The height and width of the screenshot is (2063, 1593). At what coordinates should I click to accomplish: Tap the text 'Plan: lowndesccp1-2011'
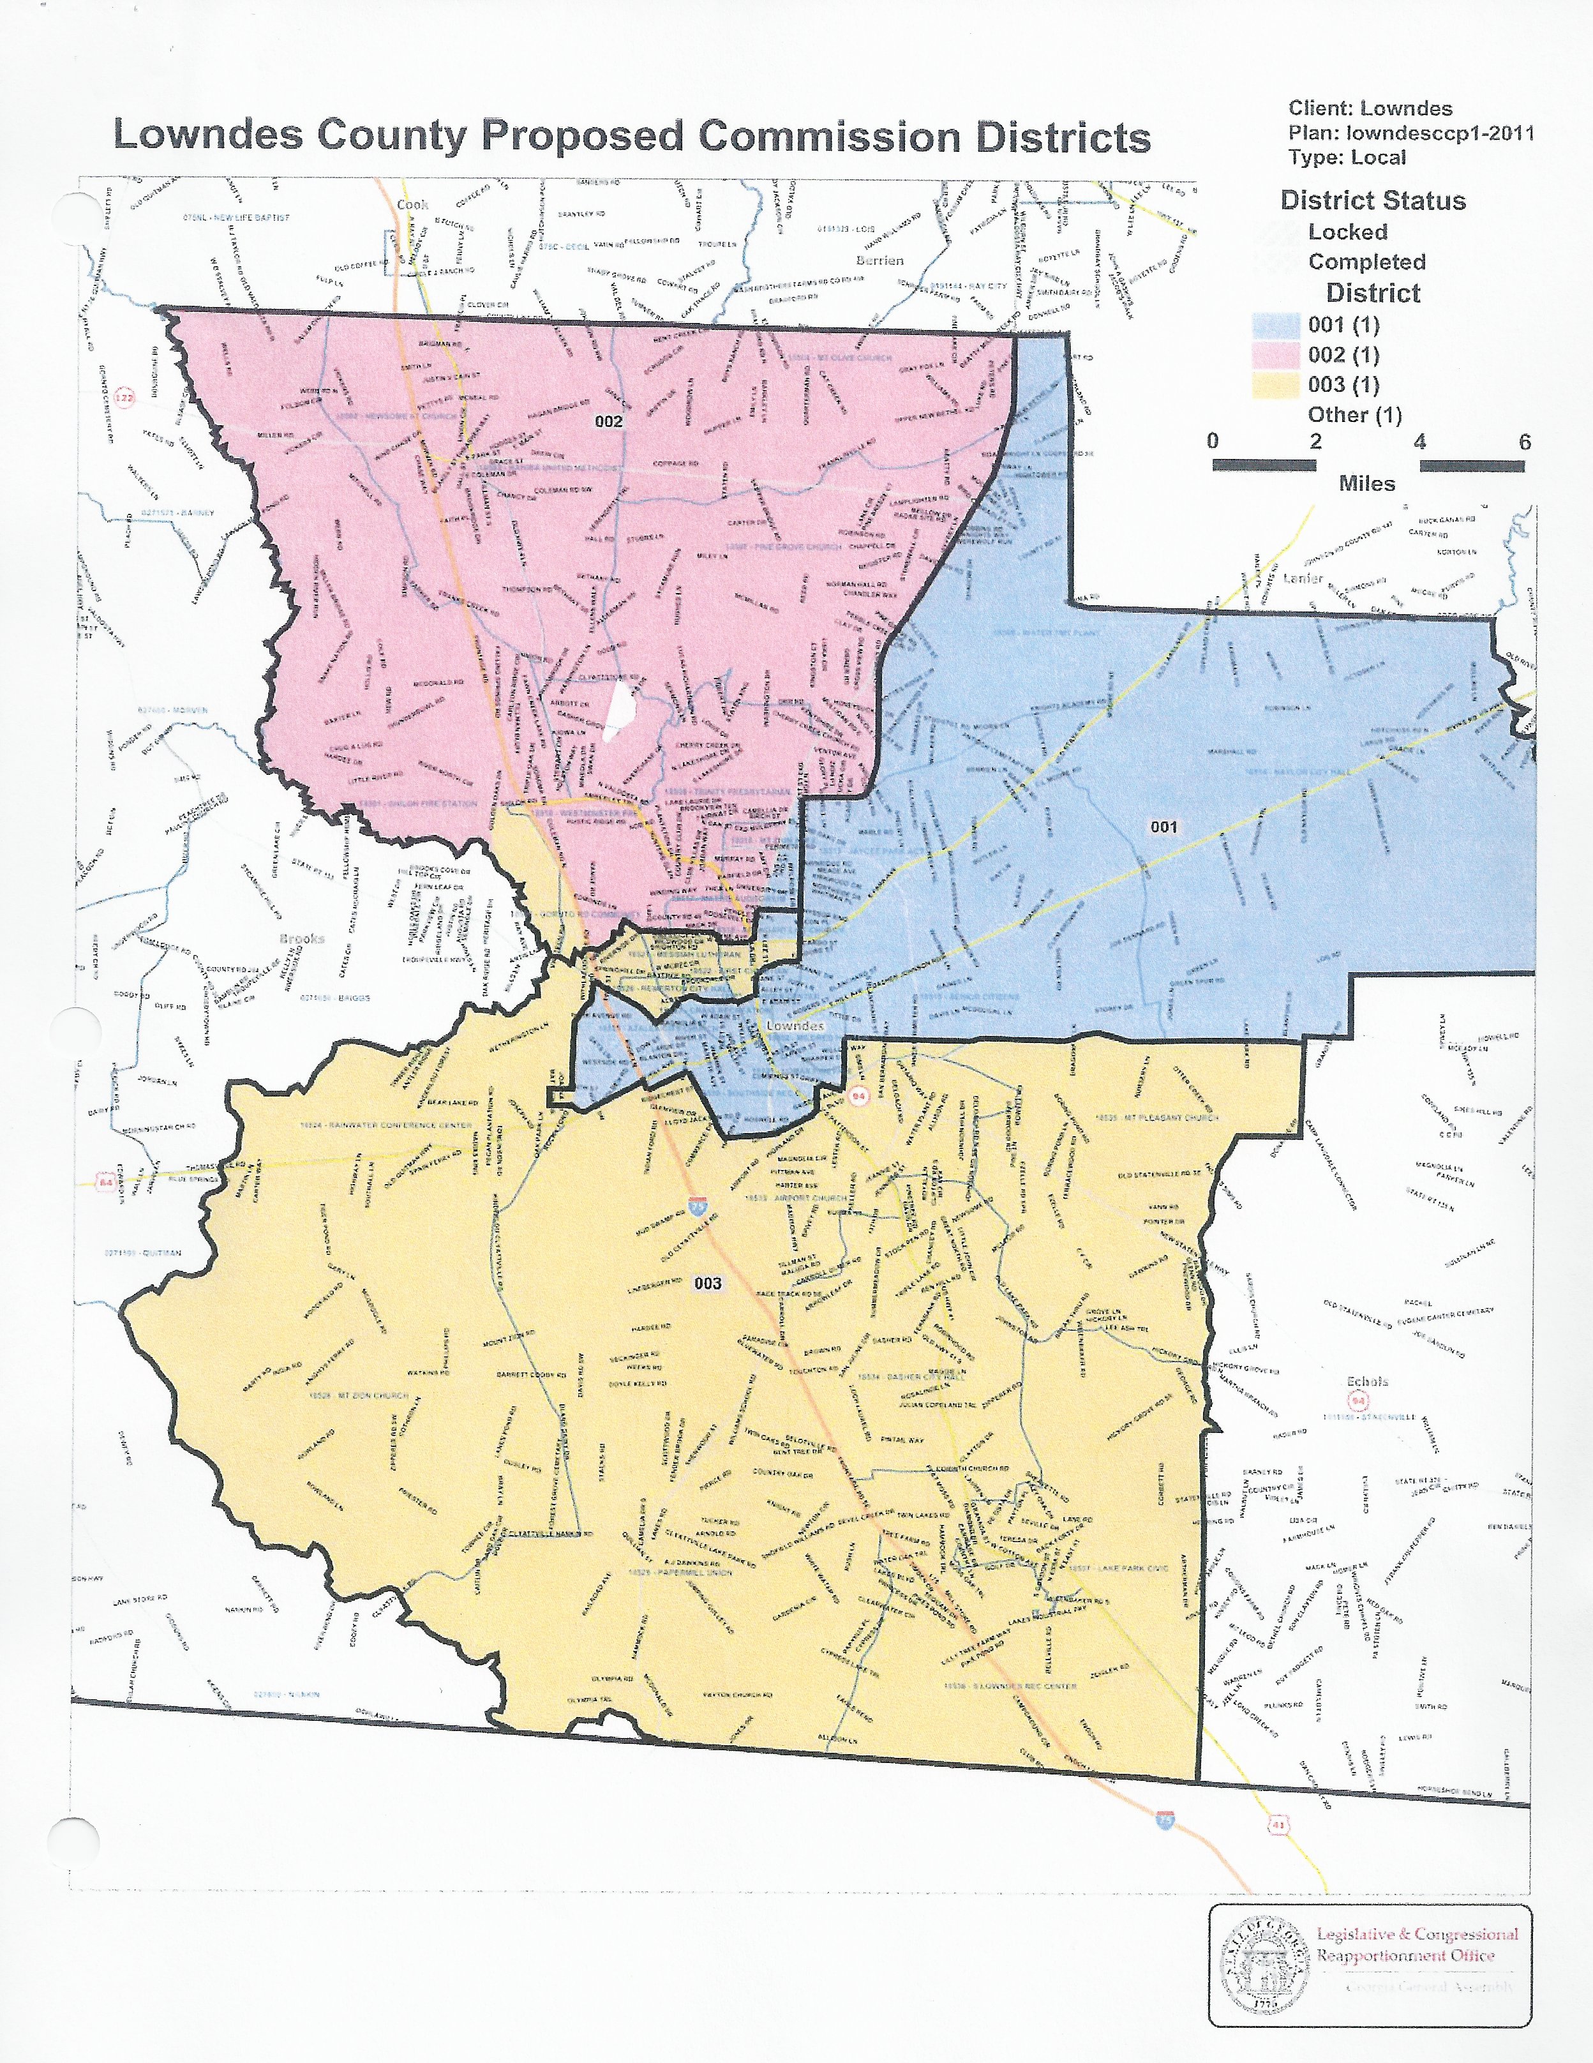click(1410, 133)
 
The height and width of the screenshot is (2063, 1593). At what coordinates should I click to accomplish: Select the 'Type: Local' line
click(1347, 158)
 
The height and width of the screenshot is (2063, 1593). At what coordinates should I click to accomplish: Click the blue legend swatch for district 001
click(1275, 325)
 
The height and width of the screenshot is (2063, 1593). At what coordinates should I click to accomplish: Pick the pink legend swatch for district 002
click(1275, 355)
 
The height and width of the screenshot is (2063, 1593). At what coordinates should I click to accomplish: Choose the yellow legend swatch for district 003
click(1275, 386)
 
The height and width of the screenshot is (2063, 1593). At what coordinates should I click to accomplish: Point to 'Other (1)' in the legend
click(1354, 415)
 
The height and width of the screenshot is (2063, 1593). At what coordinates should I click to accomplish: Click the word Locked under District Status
click(1347, 232)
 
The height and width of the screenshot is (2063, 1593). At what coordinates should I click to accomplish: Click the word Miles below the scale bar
click(1366, 484)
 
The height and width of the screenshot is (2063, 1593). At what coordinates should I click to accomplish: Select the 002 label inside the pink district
click(608, 421)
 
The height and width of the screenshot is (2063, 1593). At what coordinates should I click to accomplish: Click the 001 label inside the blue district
click(1163, 827)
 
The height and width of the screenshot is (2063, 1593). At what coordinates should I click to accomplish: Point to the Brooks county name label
click(301, 939)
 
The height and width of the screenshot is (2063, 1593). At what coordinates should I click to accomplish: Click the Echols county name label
click(1366, 1381)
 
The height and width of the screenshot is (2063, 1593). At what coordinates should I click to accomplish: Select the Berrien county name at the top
click(879, 260)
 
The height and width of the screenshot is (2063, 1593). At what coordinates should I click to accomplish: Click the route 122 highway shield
click(124, 398)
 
